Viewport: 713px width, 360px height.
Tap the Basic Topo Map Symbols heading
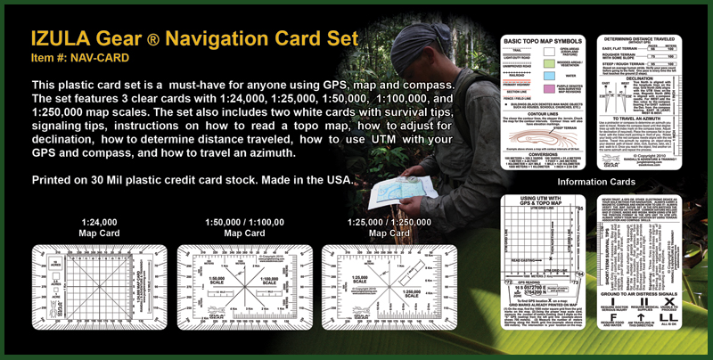(x=543, y=42)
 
